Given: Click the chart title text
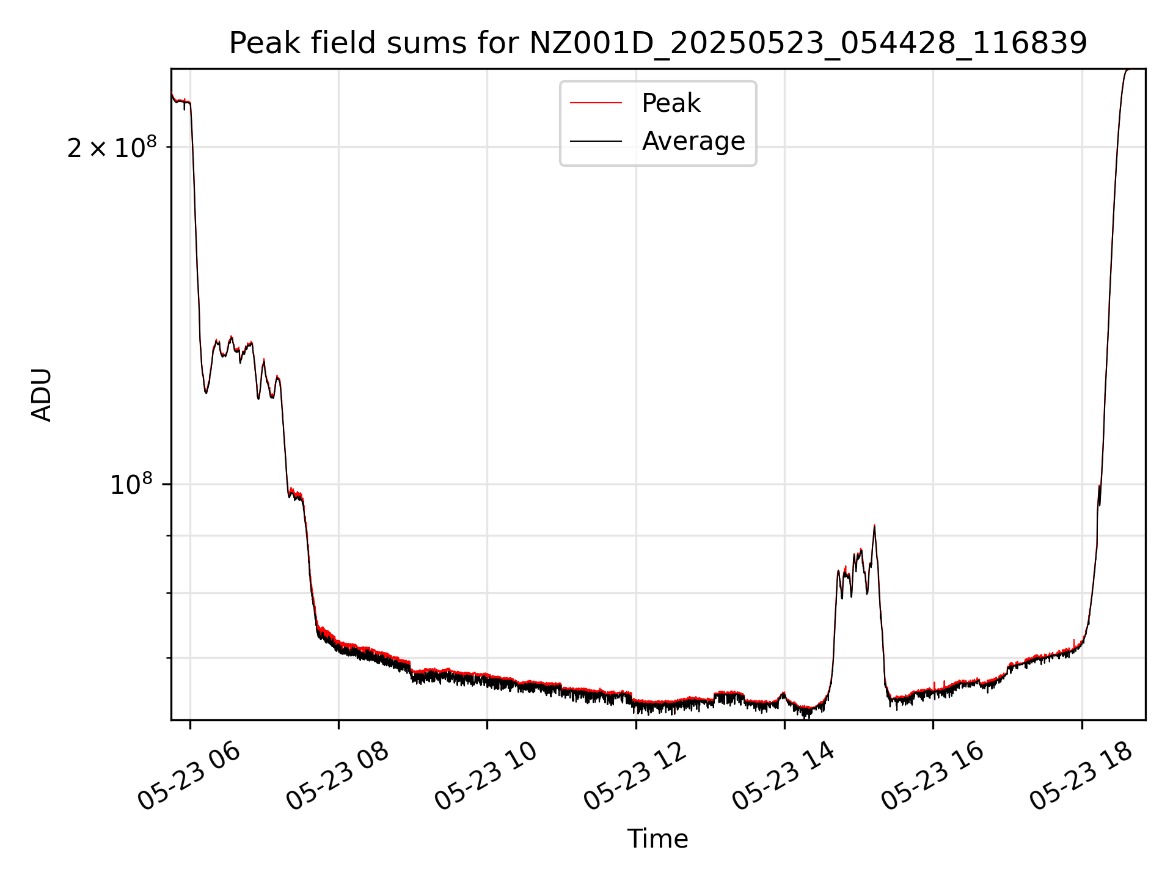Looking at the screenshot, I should (658, 43).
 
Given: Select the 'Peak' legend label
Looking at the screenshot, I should (671, 103).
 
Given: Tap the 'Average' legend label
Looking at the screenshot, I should (693, 141).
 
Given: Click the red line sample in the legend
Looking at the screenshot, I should (596, 103).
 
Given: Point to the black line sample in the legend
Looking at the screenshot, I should (596, 141).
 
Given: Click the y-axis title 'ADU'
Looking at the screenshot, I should (42, 395).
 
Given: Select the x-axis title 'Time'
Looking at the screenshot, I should (657, 839).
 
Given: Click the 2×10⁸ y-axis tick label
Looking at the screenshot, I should (112, 148).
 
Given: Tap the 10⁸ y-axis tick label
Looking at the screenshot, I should (131, 485).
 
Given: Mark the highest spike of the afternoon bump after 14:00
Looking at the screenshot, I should (874, 526).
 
